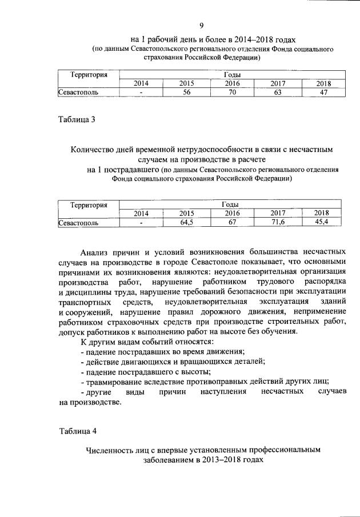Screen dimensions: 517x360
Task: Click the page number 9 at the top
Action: tap(202, 25)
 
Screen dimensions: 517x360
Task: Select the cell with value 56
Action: tap(186, 92)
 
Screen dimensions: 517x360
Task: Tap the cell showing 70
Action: tap(232, 92)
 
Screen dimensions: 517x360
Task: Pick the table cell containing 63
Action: tap(278, 92)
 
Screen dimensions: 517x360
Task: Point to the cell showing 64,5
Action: tap(186, 223)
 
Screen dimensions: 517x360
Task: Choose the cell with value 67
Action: tap(232, 223)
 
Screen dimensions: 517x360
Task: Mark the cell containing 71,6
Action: tap(278, 223)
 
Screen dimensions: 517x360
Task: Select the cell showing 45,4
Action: tap(322, 223)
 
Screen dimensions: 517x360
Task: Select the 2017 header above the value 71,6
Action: tap(278, 213)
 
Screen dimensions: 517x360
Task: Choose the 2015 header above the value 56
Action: tap(186, 83)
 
